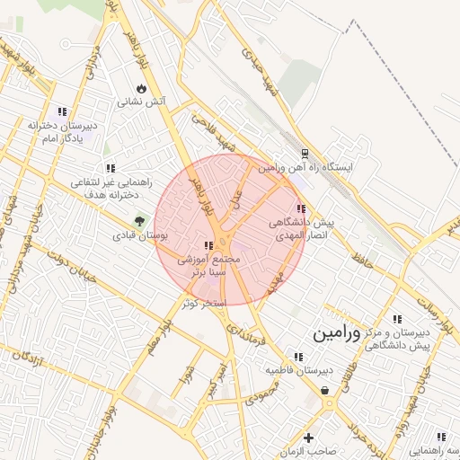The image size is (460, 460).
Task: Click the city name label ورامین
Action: coord(335,333)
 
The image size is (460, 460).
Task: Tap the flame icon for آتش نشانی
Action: coord(141,87)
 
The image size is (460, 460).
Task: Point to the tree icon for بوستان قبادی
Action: coord(139,221)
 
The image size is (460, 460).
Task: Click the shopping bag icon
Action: coord(323,389)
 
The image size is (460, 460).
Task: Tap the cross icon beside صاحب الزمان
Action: coord(309,438)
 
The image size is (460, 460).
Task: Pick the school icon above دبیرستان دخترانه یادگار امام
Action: coord(62,111)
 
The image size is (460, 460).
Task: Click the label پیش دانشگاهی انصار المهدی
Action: coord(301,227)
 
